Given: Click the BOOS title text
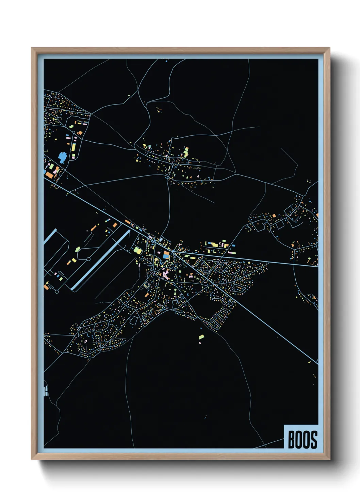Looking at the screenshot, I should click(x=302, y=440).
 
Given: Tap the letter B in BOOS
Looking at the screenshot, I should click(x=292, y=440).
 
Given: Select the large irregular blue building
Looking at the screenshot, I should click(x=63, y=157).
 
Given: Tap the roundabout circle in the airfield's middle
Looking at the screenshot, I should click(x=88, y=259).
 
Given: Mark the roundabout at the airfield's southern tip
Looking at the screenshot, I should click(x=57, y=292).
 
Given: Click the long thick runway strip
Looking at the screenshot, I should click(x=101, y=261).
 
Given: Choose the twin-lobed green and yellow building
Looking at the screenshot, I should click(x=137, y=250).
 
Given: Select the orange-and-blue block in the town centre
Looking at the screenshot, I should click(x=166, y=255).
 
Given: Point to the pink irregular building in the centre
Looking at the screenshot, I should click(x=166, y=273).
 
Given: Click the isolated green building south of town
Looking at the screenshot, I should click(x=201, y=337).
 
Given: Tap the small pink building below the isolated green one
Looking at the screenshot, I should click(x=200, y=343).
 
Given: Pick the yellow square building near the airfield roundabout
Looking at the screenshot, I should click(x=74, y=261).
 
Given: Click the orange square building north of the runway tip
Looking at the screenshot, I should click(x=115, y=225).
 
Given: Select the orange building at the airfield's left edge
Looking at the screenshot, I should click(x=46, y=287).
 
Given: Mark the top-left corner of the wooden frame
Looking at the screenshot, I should click(x=32, y=48).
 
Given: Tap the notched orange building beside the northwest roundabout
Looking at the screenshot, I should click(x=80, y=132).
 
